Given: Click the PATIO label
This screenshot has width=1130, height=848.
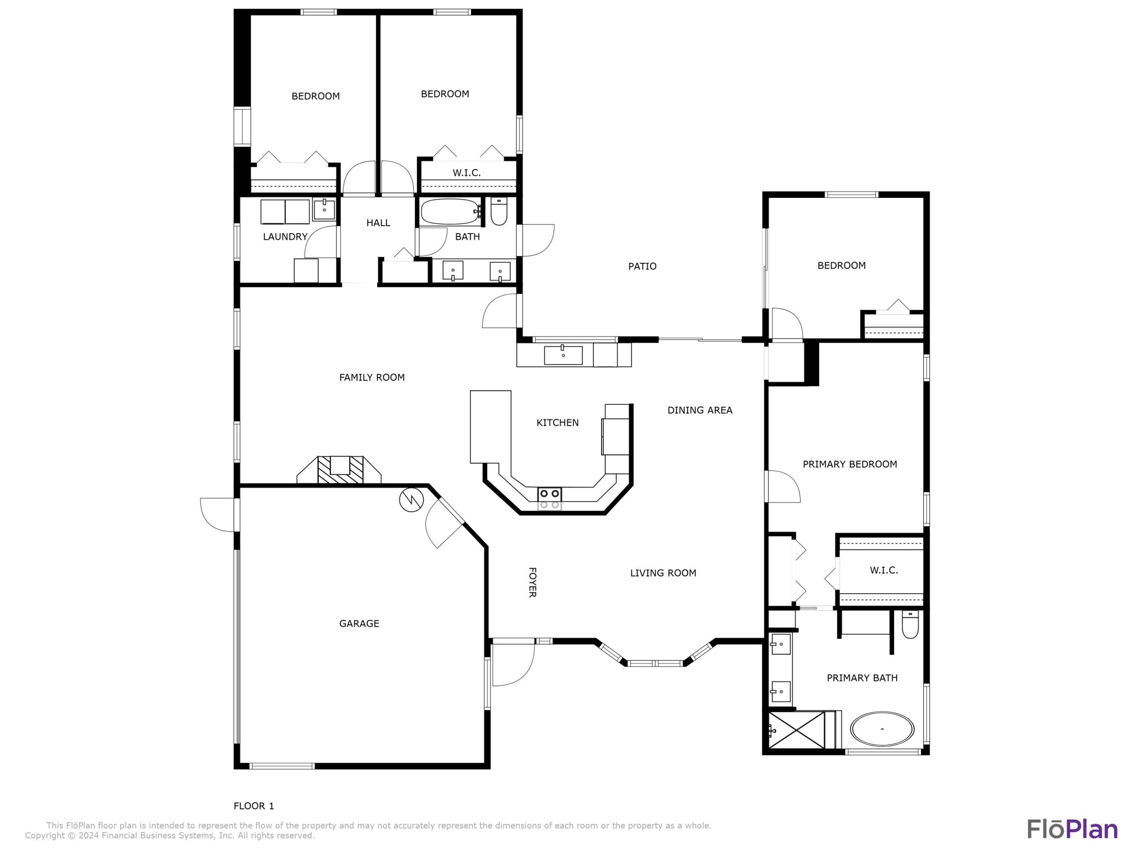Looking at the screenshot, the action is pos(642,266).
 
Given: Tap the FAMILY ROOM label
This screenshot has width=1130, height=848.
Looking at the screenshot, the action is pos(372,377).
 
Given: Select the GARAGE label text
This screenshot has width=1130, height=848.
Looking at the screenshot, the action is pos(359,623).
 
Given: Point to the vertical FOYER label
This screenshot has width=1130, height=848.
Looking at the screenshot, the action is pos(532,582).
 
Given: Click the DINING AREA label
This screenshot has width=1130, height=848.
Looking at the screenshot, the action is pos(700,410).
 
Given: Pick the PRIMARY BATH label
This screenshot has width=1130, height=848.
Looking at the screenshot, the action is pos(862,678).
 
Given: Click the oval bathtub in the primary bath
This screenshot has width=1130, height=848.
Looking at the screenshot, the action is pos(882,729).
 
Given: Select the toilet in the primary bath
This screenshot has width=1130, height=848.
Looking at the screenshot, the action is pos(910,625).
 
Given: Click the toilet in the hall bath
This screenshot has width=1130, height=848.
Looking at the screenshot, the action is pos(499,212).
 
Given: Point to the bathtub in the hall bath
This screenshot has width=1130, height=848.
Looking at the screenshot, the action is pos(450,212).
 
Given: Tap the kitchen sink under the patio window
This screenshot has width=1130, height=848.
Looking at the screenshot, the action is pos(563,355).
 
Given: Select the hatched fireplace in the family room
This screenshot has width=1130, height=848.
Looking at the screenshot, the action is pos(340,470).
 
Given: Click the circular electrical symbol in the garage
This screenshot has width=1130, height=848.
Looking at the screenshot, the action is pos(411,501).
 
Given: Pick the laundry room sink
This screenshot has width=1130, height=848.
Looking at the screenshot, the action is pos(324,210).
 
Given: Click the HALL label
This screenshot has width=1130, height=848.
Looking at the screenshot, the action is pos(378,223).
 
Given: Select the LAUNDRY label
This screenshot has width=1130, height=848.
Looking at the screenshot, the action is pos(285,237).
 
